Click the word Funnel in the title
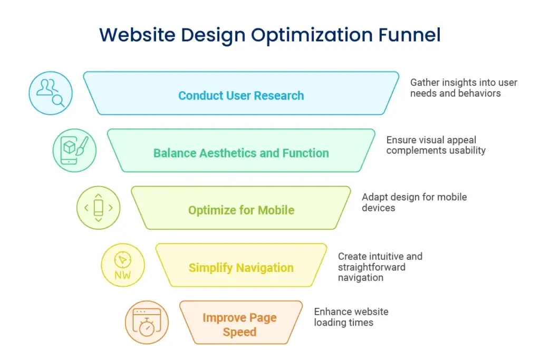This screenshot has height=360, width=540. [409, 35]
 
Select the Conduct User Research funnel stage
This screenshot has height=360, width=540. [241, 93]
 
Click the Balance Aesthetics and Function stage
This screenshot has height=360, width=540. [241, 150]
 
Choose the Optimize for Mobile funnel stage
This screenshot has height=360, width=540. [241, 208]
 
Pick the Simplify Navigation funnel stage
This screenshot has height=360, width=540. [241, 265]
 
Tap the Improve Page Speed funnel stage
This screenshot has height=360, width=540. [241, 323]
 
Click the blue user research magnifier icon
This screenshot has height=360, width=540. [51, 93]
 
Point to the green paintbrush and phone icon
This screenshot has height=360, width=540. [74, 150]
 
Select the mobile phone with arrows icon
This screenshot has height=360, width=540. [99, 208]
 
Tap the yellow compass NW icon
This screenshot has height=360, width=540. [122, 265]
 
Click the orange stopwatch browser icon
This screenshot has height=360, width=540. [147, 323]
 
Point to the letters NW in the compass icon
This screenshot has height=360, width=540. [122, 275]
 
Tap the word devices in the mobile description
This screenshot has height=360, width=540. [378, 208]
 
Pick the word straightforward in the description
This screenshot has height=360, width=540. [372, 267]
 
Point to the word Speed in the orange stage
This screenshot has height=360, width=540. [240, 332]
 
